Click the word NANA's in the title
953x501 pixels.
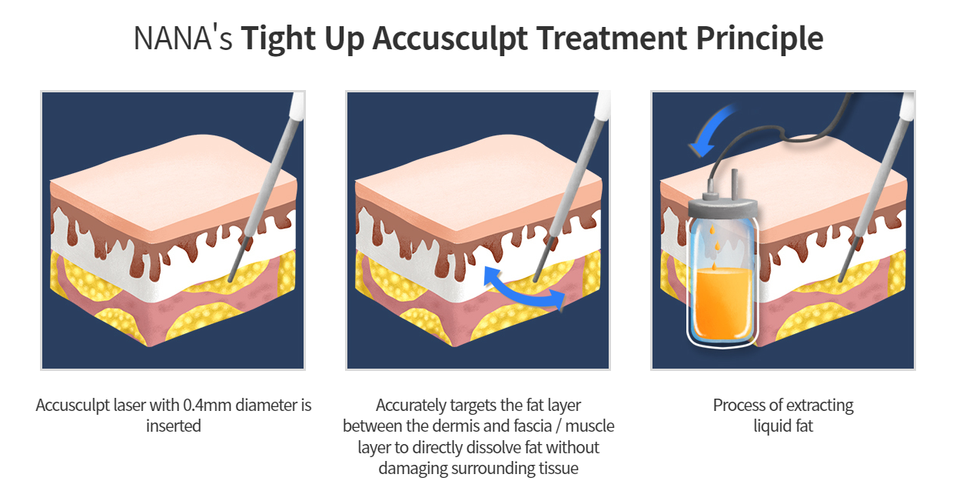click(x=183, y=38)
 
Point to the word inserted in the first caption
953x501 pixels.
click(x=174, y=426)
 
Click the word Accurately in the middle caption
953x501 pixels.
click(x=412, y=405)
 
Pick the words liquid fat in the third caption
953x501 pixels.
click(x=783, y=426)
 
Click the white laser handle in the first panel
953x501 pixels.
click(x=295, y=111)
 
